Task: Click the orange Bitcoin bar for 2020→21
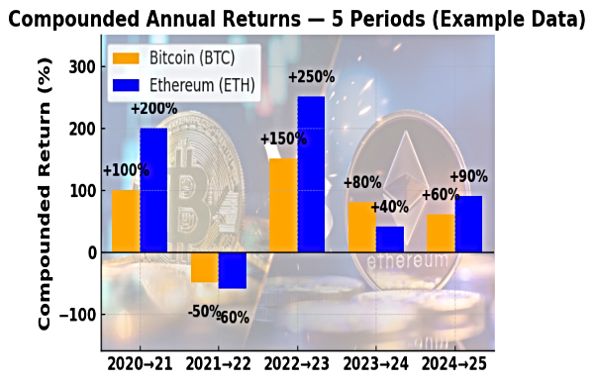click(x=126, y=221)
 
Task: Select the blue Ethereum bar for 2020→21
click(x=153, y=190)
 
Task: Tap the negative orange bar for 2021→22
click(x=205, y=267)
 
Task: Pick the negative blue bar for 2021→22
click(x=233, y=270)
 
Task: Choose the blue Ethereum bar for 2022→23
click(x=311, y=174)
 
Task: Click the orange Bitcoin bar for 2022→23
click(x=283, y=205)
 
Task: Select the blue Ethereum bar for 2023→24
click(x=390, y=240)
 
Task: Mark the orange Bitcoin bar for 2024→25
click(x=441, y=234)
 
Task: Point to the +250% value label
click(x=312, y=76)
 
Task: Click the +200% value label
click(x=154, y=108)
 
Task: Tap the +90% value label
click(x=470, y=176)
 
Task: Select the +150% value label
click(x=282, y=139)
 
